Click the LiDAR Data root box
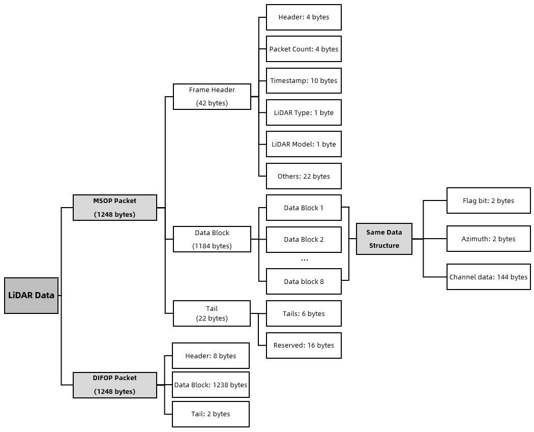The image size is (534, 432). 32,296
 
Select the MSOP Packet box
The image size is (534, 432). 115,208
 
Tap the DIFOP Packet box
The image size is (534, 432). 115,385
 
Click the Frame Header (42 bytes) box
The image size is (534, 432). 212,96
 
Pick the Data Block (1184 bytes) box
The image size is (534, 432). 212,239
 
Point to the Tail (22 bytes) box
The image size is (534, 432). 212,313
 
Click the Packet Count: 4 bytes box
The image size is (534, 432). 304,49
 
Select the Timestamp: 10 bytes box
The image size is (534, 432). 304,81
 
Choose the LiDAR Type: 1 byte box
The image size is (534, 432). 304,112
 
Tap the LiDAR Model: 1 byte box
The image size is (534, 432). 304,144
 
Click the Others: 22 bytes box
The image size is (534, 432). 304,176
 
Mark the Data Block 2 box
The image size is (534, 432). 304,240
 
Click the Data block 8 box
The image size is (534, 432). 304,281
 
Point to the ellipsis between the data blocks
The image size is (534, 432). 305,261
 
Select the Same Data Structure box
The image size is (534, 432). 384,239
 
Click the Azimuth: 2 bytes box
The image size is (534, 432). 489,239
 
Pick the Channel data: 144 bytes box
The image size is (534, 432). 489,277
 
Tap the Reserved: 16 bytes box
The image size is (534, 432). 304,345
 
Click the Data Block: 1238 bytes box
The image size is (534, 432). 211,385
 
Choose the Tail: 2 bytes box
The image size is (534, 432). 211,414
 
